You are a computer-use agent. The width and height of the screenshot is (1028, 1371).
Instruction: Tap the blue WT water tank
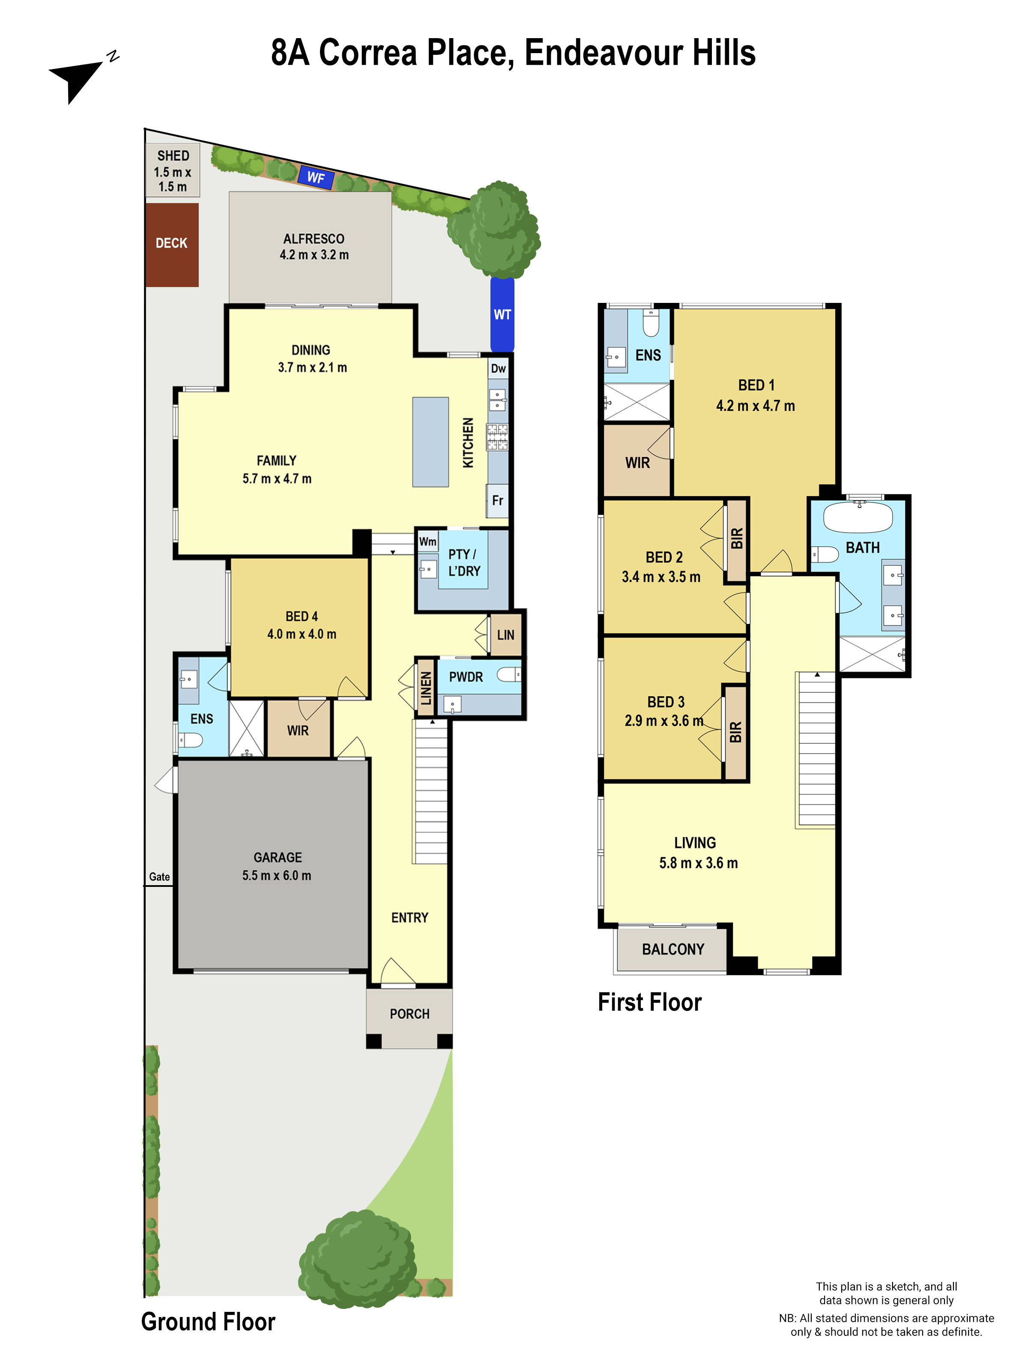[x=502, y=314]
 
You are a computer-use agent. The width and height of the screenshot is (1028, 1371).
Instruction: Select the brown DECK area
[x=172, y=244]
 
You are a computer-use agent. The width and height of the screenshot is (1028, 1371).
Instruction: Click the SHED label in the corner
[x=173, y=156]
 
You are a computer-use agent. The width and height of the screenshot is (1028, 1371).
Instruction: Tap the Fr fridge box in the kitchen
[x=498, y=500]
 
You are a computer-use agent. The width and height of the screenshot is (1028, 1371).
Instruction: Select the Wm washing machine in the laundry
[x=427, y=542]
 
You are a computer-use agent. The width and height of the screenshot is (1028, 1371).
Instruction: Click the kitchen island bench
[x=430, y=442]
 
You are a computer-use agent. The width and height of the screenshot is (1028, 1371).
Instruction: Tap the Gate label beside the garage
[x=159, y=877]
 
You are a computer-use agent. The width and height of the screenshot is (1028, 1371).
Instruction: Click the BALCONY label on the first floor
[x=673, y=949]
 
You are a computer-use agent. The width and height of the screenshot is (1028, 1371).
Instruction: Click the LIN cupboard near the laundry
[x=505, y=635]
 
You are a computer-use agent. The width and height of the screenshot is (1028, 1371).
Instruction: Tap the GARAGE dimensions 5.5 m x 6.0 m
[x=277, y=876]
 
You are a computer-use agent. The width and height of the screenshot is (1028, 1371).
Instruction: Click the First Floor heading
[x=649, y=1002]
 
